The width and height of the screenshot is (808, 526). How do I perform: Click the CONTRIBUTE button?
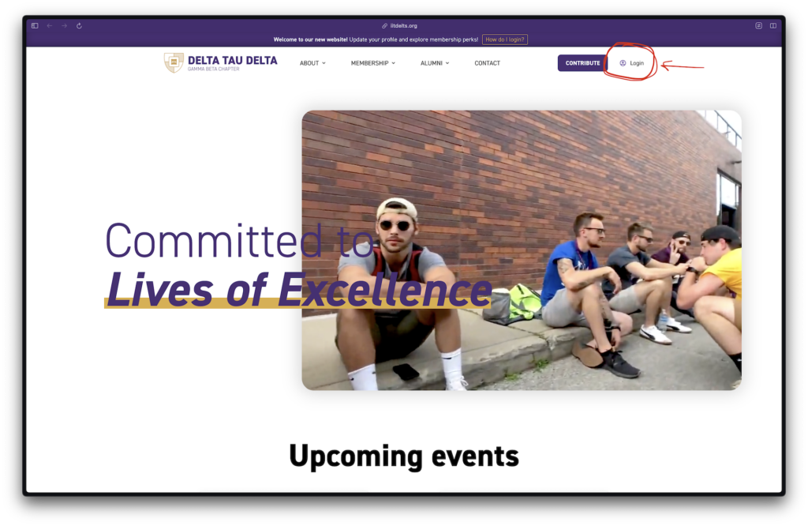(582, 63)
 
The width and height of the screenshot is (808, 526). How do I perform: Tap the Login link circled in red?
(632, 63)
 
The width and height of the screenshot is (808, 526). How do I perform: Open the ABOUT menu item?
(312, 63)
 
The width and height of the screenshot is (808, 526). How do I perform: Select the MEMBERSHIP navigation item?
(373, 63)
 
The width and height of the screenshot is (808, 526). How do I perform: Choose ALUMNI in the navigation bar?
(435, 63)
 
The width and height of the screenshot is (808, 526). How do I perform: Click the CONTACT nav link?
(487, 63)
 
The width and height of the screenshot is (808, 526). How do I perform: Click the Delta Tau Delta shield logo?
(174, 62)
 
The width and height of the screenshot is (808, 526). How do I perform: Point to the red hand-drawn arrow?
(683, 66)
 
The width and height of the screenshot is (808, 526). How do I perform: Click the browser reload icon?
(79, 26)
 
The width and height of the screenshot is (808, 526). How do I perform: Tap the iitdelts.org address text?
(403, 26)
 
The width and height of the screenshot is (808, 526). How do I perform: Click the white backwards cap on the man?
(397, 209)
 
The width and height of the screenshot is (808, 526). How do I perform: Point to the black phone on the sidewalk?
(406, 371)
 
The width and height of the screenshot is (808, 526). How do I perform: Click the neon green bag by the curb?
(525, 304)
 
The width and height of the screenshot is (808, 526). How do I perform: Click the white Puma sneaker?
(656, 334)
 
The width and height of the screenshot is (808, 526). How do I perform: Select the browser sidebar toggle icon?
(35, 26)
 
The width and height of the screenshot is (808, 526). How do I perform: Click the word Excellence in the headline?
(384, 291)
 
